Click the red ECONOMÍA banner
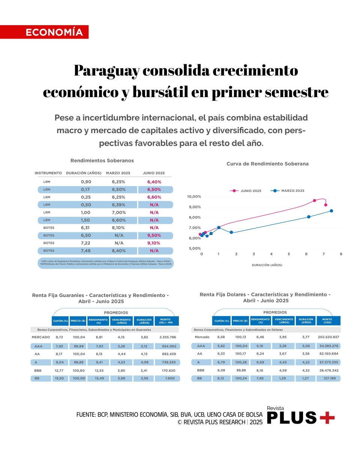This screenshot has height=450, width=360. pos(44,32)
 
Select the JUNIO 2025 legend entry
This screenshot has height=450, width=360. pos(247,191)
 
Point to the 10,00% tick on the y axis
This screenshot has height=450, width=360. pos(194,196)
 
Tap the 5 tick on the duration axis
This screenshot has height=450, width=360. pos(289,254)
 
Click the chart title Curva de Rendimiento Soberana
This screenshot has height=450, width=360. pos(267,164)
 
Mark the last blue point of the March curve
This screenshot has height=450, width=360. pos(331,211)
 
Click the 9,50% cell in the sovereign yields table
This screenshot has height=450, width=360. pos(154,235)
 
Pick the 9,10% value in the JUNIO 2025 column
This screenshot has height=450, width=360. pos(154,243)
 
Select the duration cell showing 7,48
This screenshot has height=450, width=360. pos(86,250)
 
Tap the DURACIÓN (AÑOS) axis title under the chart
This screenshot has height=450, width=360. pos(267,265)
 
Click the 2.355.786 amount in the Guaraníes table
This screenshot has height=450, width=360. pos(167,337)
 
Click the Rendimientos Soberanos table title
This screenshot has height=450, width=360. pos(102,160)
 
